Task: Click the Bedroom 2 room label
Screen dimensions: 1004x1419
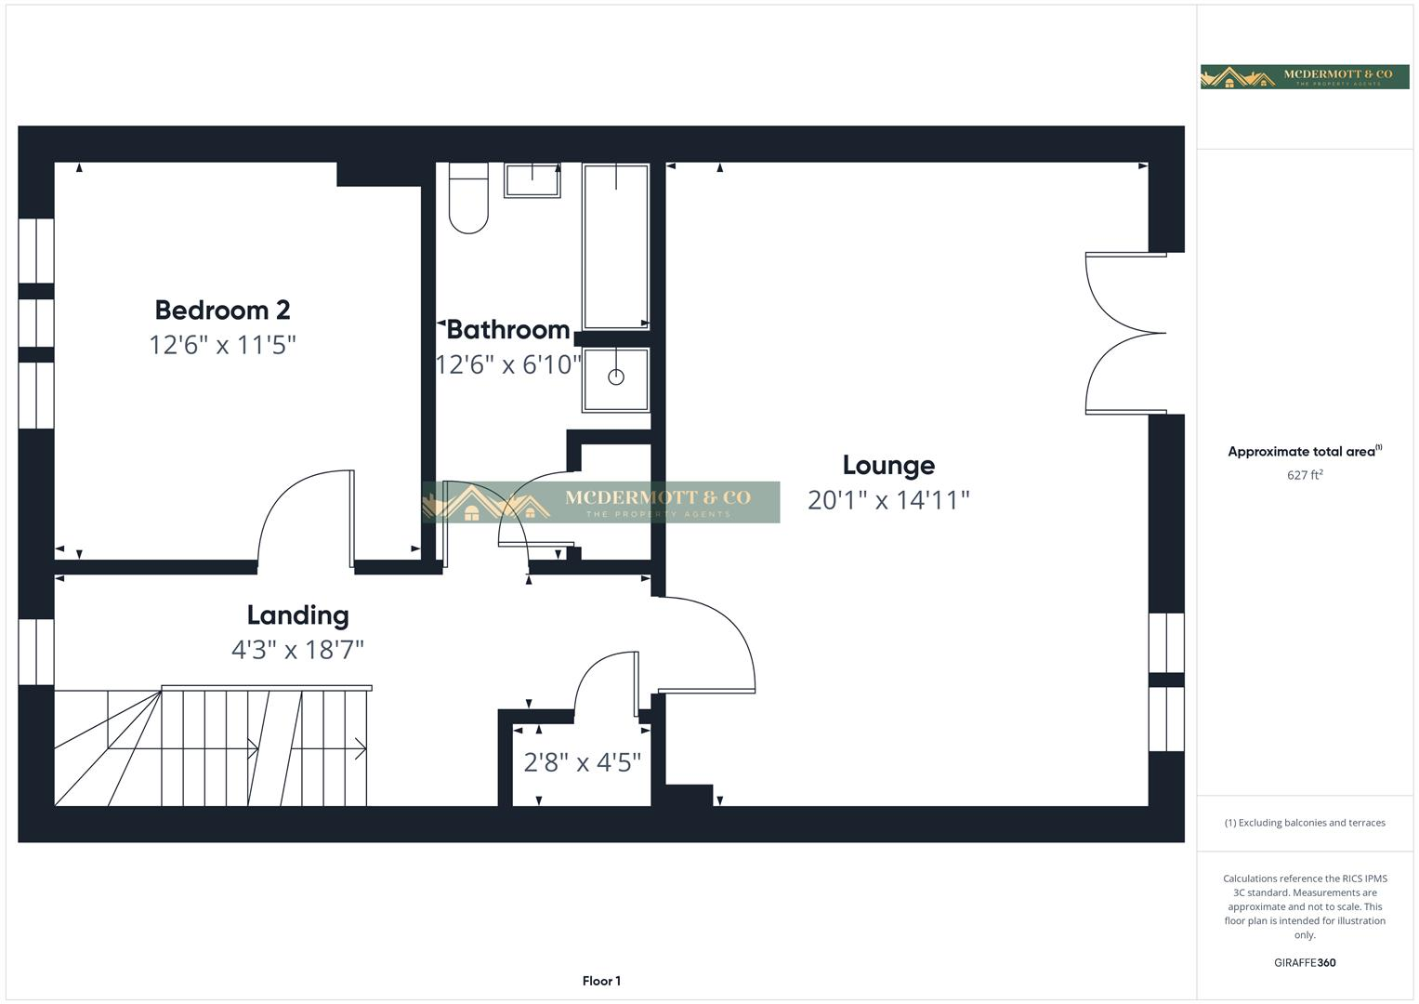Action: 222,310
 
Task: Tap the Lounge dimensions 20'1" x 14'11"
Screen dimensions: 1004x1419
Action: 888,500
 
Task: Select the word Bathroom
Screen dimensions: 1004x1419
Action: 508,330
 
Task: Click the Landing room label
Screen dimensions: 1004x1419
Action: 297,615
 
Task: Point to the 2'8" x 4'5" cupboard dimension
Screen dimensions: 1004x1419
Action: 582,763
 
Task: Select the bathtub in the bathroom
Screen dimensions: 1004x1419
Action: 615,246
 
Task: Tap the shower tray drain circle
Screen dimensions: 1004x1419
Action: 615,376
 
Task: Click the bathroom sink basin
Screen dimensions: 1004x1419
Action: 532,179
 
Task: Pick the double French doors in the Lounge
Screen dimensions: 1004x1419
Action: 1124,333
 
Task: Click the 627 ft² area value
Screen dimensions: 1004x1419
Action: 1305,475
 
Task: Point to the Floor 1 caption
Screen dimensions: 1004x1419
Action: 601,981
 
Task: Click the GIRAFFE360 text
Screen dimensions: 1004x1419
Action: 1305,963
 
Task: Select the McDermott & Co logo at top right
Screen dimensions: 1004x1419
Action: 1305,76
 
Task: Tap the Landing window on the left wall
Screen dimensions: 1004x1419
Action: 36,651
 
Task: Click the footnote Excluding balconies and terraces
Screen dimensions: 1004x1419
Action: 1305,823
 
